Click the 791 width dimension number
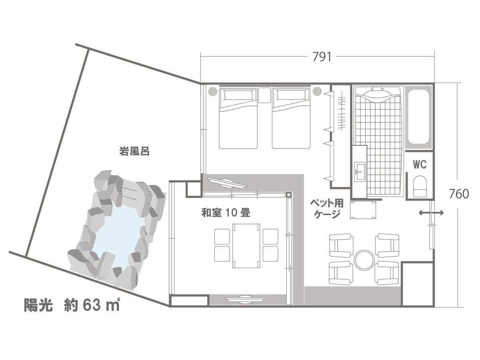pyautogui.click(x=322, y=57)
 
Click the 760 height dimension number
pyautogui.click(x=459, y=194)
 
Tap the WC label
pyautogui.click(x=420, y=164)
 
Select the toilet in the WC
pyautogui.click(x=420, y=186)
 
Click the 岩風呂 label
pyautogui.click(x=134, y=151)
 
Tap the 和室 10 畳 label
pyautogui.click(x=226, y=213)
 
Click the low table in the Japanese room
pyautogui.click(x=246, y=246)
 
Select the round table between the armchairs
pyautogui.click(x=364, y=260)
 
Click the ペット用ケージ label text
pyautogui.click(x=327, y=208)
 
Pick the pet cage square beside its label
pyautogui.click(x=363, y=210)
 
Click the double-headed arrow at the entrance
pyautogui.click(x=431, y=212)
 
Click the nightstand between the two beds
pyautogui.click(x=264, y=95)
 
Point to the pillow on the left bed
pyautogui.click(x=238, y=95)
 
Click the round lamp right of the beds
pyautogui.click(x=317, y=91)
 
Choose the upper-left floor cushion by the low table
pyautogui.click(x=222, y=236)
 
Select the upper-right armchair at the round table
pyautogui.click(x=387, y=246)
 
